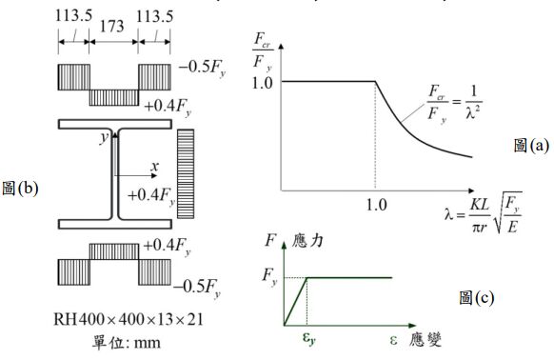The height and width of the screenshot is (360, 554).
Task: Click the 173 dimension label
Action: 112,26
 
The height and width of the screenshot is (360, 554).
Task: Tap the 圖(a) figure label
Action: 532,145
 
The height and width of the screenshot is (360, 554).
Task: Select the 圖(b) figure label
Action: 20,189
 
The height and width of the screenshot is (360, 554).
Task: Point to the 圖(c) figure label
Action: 477,297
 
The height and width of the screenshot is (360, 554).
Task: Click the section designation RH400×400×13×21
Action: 129,319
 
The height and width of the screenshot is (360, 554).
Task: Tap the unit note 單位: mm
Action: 127,342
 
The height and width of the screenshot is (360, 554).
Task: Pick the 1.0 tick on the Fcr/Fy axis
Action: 263,83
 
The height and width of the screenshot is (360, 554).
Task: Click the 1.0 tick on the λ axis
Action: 376,205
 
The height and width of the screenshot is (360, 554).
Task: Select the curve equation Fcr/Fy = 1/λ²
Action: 455,103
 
